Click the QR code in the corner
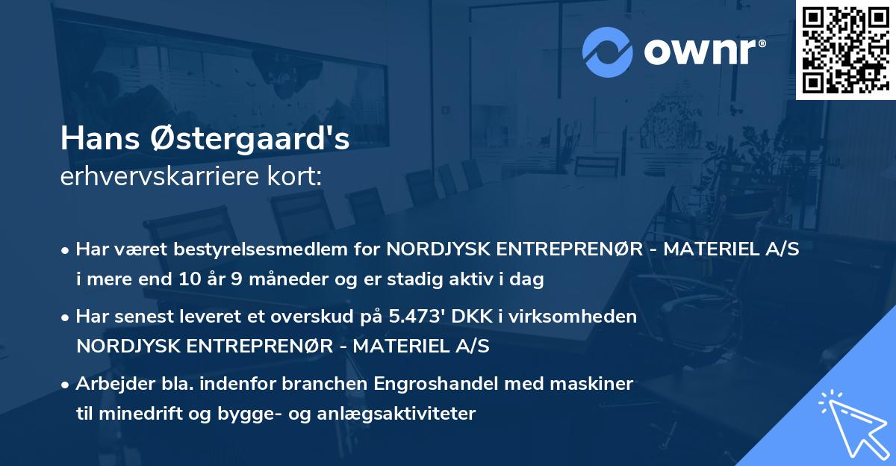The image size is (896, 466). (x=845, y=49)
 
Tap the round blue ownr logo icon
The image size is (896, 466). (x=608, y=52)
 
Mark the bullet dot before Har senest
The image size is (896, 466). (x=66, y=317)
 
